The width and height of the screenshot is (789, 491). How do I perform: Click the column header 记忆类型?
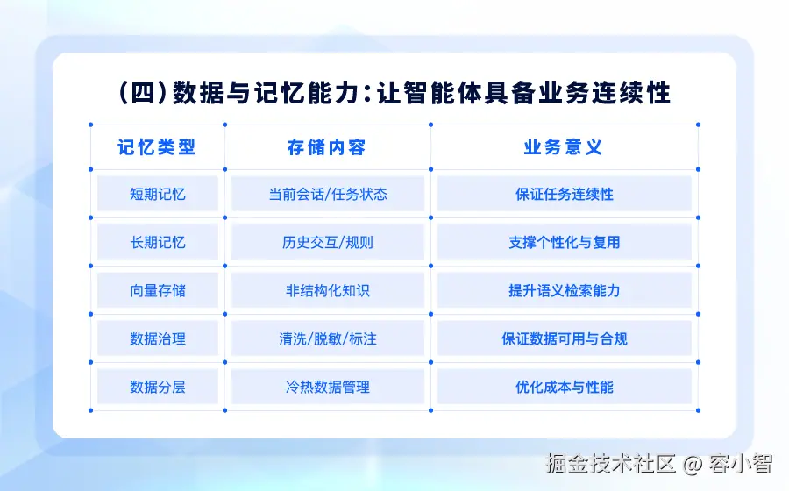157,147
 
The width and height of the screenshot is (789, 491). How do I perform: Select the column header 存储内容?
327,147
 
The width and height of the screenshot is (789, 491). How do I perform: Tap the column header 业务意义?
563,147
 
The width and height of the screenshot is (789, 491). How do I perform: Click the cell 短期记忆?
158,194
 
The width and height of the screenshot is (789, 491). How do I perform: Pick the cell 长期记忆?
158,242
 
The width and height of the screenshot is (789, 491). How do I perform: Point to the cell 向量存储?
158,290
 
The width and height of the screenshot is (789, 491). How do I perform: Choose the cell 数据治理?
158,338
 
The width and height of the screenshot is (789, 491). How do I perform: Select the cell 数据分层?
158,387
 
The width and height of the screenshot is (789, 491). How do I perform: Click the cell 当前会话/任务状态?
328,194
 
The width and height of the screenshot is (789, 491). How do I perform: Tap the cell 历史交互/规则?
328,242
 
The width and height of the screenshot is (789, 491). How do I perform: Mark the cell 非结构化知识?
328,290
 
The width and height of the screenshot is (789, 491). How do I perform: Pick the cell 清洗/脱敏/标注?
328,338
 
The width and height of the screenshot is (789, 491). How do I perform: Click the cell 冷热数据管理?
328,387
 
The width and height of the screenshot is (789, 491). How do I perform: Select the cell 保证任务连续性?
564,194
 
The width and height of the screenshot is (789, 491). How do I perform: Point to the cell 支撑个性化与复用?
564,242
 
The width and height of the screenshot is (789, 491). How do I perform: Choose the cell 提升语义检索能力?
564,290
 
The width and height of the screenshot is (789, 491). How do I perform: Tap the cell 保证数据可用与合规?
564,338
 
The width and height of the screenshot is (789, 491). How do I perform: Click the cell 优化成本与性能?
564,387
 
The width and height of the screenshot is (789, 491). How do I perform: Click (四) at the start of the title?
143,93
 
